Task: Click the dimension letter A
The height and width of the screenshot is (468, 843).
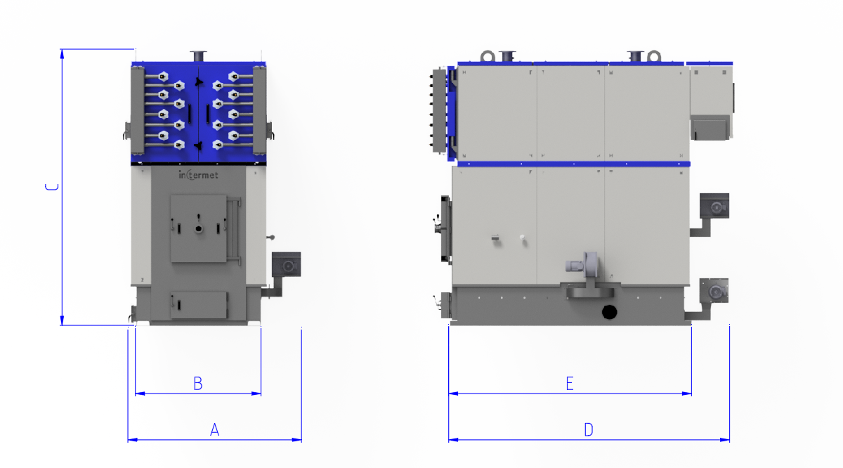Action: (x=214, y=429)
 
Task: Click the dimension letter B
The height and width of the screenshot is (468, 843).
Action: (x=198, y=384)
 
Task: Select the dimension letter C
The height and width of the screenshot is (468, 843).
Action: (x=52, y=187)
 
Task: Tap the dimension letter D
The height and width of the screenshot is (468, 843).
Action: (x=589, y=429)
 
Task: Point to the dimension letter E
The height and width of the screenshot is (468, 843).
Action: (x=570, y=384)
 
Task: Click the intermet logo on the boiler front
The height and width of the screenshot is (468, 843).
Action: (x=198, y=175)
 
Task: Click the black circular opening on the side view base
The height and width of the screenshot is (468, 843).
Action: (x=609, y=312)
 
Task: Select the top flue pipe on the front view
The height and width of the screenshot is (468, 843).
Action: (x=198, y=56)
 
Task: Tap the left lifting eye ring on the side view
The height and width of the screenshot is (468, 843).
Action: (x=488, y=56)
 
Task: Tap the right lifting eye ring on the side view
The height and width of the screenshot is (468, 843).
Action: (x=654, y=56)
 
